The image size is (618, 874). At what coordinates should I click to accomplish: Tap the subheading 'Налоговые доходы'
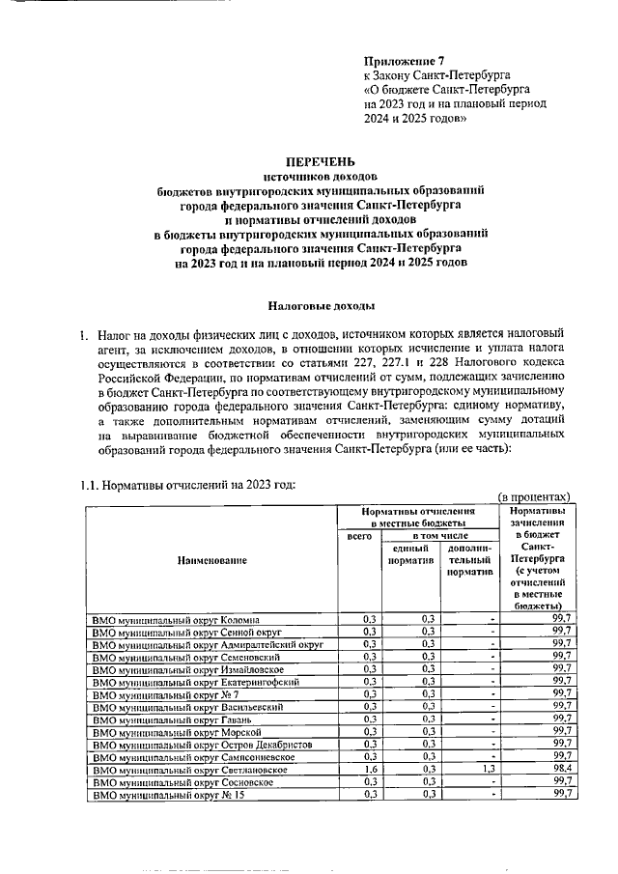click(x=320, y=305)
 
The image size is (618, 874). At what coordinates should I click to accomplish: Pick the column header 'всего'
click(x=358, y=534)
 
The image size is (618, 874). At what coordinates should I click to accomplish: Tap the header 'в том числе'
click(x=440, y=534)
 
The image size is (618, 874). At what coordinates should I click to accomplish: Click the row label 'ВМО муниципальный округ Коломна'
click(x=175, y=618)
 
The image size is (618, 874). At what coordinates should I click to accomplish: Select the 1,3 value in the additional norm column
click(x=486, y=769)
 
